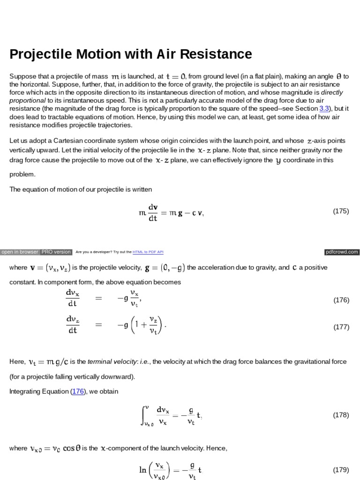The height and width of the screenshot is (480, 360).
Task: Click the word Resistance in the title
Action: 217,54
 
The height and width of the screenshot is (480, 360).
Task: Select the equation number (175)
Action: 341,211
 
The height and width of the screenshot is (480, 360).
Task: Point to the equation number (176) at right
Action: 341,300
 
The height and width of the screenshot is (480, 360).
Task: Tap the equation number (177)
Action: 341,327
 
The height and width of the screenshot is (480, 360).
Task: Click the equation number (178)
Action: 341,415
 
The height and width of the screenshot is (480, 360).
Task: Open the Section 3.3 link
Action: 324,108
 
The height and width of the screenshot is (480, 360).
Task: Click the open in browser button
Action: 20,252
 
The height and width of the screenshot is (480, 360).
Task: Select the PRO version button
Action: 56,252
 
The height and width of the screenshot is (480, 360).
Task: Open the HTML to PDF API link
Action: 148,252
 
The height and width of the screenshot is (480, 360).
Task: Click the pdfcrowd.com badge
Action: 342,252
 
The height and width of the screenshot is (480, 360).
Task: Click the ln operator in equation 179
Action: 142,470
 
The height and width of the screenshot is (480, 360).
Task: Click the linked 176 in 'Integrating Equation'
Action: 77,391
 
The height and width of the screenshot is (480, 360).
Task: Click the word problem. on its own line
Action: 22,174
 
